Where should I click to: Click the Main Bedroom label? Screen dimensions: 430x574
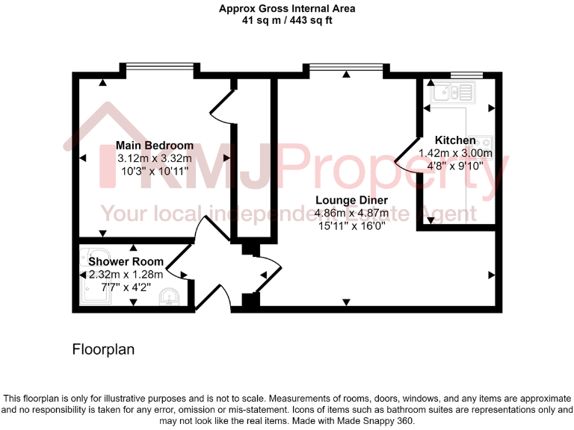155,146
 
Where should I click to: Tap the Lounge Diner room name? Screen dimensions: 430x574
351,200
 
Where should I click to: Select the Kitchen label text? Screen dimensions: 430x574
455,140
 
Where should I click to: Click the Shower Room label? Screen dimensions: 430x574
126,261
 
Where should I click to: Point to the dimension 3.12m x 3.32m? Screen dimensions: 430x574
155,158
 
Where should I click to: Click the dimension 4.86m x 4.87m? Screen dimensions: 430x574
351,213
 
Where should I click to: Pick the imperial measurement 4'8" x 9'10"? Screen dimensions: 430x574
455,166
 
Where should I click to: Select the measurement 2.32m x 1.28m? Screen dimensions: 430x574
126,274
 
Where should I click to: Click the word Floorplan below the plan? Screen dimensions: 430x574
103,349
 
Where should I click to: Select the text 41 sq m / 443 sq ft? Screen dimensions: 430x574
287,21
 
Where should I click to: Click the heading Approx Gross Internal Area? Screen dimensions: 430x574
287,9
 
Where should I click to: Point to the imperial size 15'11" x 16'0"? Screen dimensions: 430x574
351,225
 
